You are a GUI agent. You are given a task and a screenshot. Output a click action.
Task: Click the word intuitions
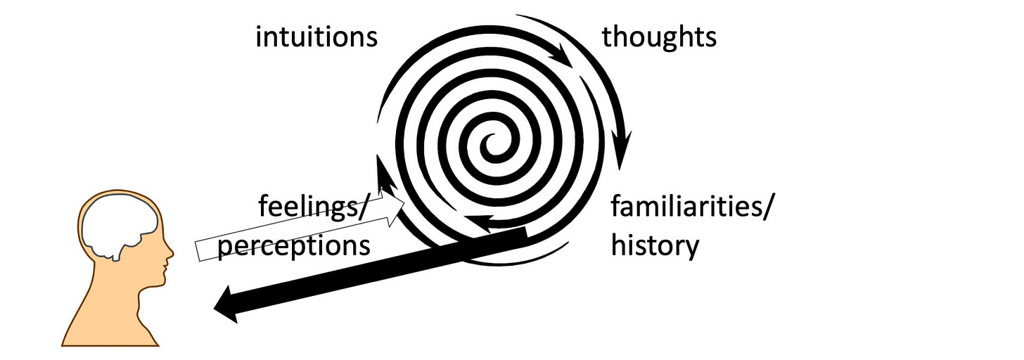[316, 37]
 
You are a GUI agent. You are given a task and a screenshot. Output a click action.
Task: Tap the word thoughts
[659, 37]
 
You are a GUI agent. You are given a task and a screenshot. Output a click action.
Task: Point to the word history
[655, 245]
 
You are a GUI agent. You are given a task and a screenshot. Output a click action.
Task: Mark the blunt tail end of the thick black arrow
[524, 238]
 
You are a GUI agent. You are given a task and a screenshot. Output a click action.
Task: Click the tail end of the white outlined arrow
[200, 251]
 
